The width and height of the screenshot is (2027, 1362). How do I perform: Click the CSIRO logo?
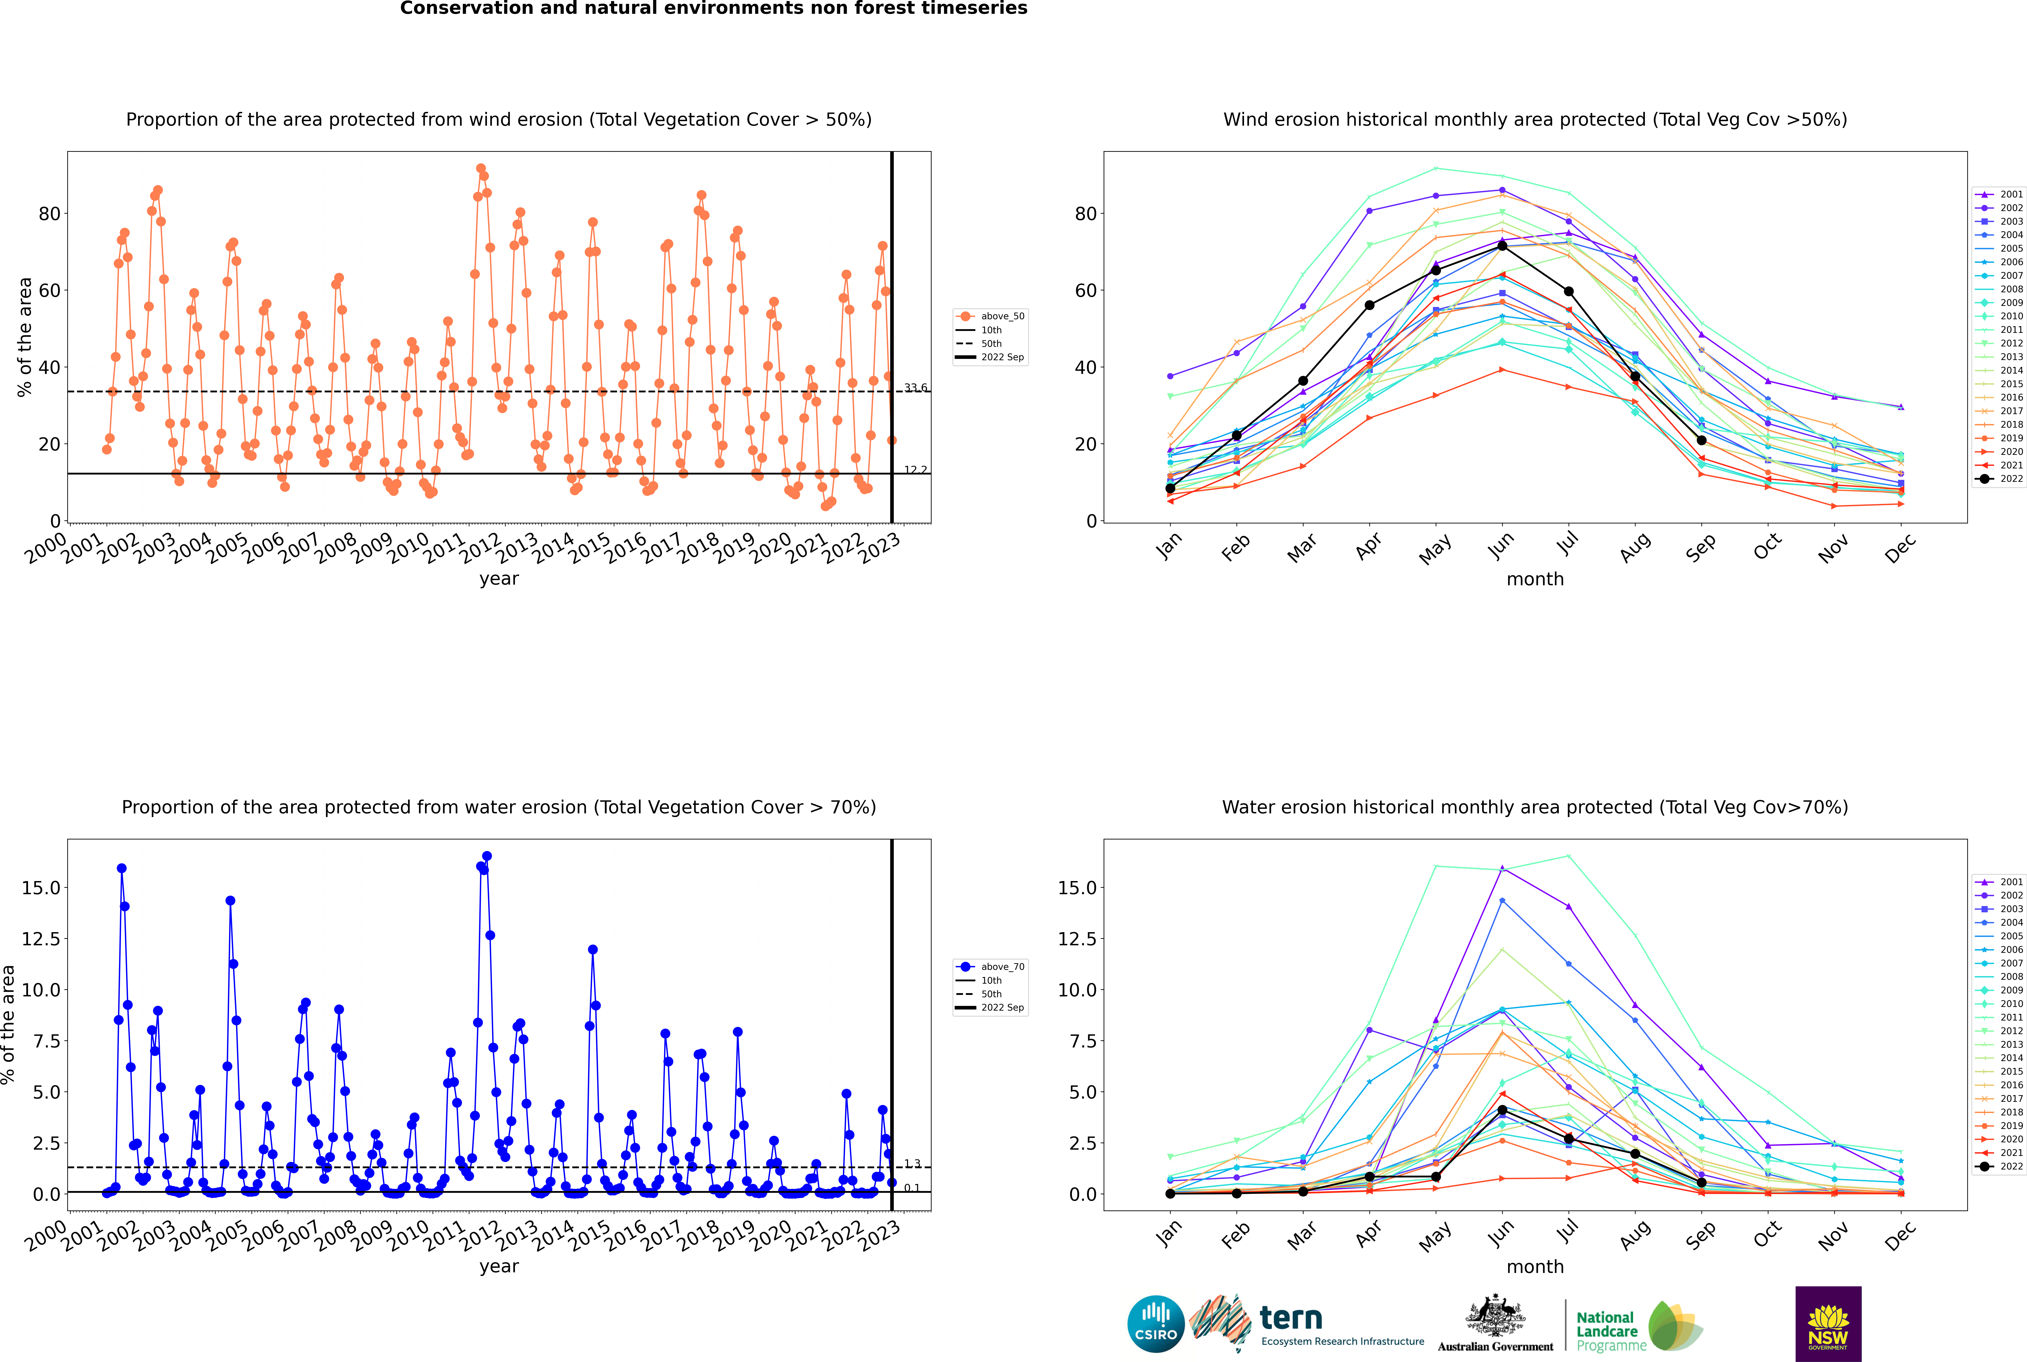pos(1156,1324)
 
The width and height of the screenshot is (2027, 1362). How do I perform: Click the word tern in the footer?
pos(1291,1318)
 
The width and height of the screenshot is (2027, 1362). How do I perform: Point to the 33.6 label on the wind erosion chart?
pos(915,387)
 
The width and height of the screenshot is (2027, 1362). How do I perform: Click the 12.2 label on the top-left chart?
pos(915,470)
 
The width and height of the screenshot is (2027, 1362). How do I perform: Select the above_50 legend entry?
pos(990,316)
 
